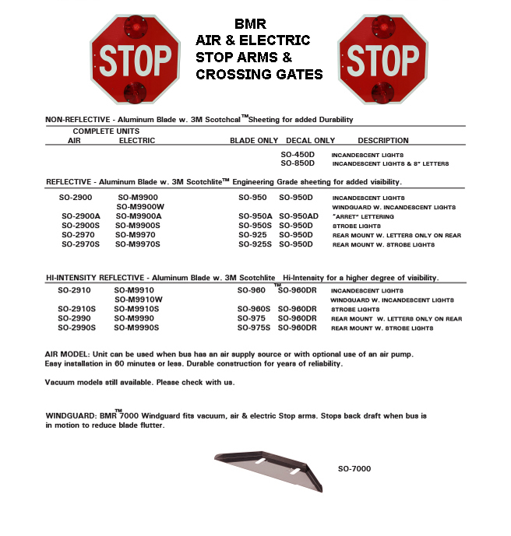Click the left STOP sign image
point(135,59)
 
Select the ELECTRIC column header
point(137,141)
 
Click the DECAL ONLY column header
point(309,141)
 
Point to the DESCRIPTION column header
point(383,141)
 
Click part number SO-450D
point(298,155)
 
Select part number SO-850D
point(298,164)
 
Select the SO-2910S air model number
point(77,309)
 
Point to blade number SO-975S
point(254,328)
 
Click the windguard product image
point(268,469)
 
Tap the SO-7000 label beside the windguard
point(354,469)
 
